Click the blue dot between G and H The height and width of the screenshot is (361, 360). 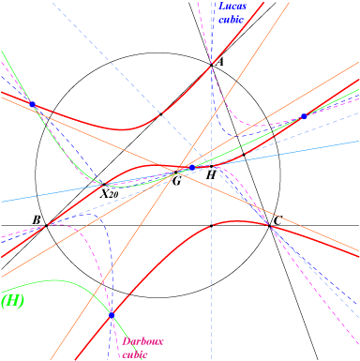pyautogui.click(x=192, y=168)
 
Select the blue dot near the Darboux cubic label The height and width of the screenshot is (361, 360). pyautogui.click(x=112, y=315)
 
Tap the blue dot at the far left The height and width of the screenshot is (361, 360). pyautogui.click(x=32, y=104)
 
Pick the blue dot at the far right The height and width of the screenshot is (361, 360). pyautogui.click(x=304, y=116)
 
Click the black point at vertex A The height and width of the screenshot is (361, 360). pyautogui.click(x=212, y=65)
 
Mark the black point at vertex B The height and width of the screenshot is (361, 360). pyautogui.click(x=46, y=225)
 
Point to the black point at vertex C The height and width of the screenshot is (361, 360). pyautogui.click(x=269, y=225)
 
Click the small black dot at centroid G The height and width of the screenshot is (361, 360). pyautogui.click(x=175, y=173)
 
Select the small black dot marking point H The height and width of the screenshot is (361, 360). pyautogui.click(x=212, y=166)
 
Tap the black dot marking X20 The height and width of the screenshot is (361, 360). pyautogui.click(x=104, y=185)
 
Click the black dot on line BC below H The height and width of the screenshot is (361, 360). pyautogui.click(x=212, y=225)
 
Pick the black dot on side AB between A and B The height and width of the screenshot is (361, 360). pyautogui.click(x=161, y=114)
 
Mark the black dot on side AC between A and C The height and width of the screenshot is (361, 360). pyautogui.click(x=244, y=155)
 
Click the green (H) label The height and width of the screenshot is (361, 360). pyautogui.click(x=12, y=301)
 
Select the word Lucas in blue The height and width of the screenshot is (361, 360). pyautogui.click(x=232, y=7)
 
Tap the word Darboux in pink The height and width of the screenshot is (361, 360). pyautogui.click(x=142, y=341)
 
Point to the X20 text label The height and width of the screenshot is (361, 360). pyautogui.click(x=109, y=194)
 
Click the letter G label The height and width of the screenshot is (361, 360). pyautogui.click(x=176, y=181)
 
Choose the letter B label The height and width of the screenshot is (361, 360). pyautogui.click(x=37, y=220)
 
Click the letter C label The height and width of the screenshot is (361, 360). pyautogui.click(x=278, y=220)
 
